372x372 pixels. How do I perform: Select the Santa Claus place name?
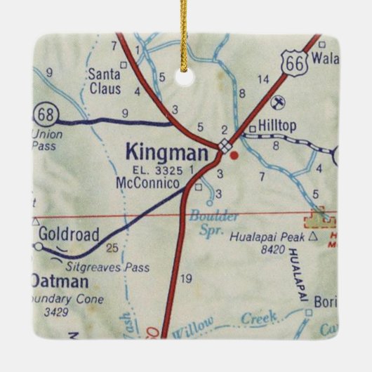tap(105, 81)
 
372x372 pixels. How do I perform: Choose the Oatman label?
tap(59, 281)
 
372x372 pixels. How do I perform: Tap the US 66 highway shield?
tap(292, 65)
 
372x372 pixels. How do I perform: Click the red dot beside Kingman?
tap(235, 154)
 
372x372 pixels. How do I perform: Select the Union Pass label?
tap(48, 139)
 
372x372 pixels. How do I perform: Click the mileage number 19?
tap(186, 279)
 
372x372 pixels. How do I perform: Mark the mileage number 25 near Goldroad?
tap(111, 248)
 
